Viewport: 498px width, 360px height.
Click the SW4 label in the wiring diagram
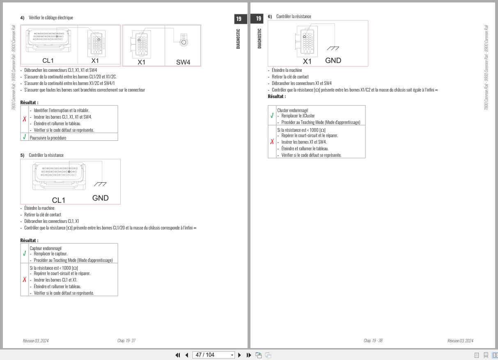tap(183, 62)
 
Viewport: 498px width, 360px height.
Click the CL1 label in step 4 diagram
tap(48, 61)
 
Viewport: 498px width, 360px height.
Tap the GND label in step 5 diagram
tap(100, 198)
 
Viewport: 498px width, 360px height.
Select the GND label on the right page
tap(333, 61)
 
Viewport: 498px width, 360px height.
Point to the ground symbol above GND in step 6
tap(333, 48)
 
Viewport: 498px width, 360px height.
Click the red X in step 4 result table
tap(25, 119)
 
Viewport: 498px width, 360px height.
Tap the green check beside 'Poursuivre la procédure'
tap(25, 137)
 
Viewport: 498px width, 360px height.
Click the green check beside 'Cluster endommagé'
tap(272, 115)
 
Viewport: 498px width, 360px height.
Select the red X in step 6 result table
tap(272, 142)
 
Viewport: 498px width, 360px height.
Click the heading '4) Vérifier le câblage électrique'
tap(47, 18)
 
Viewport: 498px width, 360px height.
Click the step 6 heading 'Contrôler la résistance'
tap(294, 16)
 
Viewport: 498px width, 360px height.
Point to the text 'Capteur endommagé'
tap(46, 248)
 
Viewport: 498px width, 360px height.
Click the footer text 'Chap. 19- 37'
tap(126, 341)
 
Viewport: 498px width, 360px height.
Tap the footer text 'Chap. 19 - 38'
tap(373, 341)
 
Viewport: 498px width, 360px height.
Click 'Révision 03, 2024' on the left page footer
tap(36, 341)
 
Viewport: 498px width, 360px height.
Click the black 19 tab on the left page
tap(239, 18)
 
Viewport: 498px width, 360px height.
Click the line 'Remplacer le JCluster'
tap(298, 116)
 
